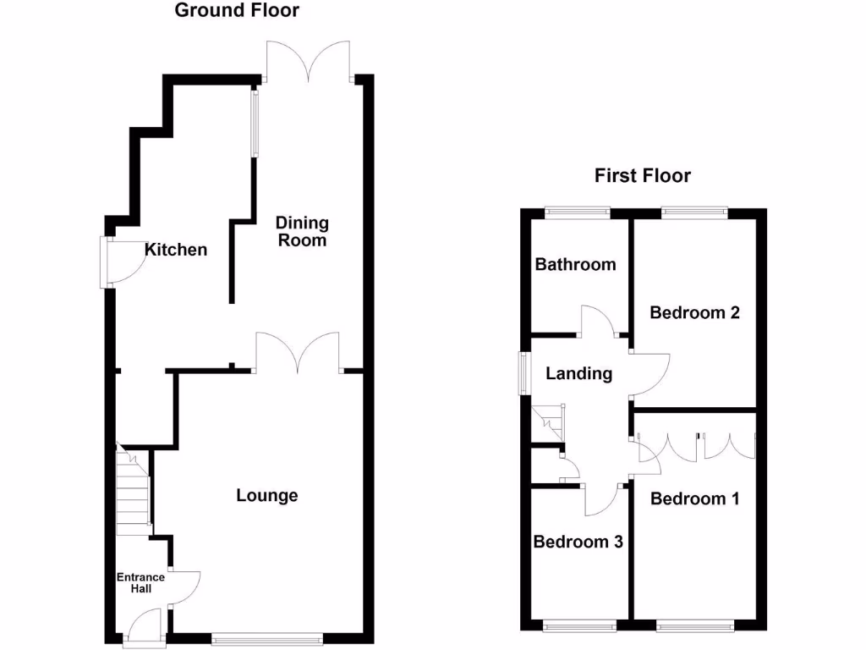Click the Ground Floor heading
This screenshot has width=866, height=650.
pyautogui.click(x=237, y=11)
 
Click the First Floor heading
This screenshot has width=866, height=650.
pyautogui.click(x=643, y=176)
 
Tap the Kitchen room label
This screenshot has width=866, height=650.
pyautogui.click(x=176, y=250)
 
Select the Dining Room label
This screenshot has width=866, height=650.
pyautogui.click(x=302, y=232)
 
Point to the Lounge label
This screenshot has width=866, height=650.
pyautogui.click(x=266, y=496)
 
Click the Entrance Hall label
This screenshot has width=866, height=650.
pyautogui.click(x=140, y=583)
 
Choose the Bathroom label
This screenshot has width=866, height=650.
pyautogui.click(x=576, y=265)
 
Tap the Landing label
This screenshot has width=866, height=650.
pyautogui.click(x=578, y=373)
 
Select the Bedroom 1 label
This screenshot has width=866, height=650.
pyautogui.click(x=694, y=499)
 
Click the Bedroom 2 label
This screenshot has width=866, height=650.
pyautogui.click(x=694, y=312)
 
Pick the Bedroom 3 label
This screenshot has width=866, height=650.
pyautogui.click(x=578, y=542)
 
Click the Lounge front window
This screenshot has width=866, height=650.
pyautogui.click(x=266, y=640)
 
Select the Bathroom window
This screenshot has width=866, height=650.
pyautogui.click(x=578, y=212)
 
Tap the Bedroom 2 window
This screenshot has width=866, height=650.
pyautogui.click(x=693, y=212)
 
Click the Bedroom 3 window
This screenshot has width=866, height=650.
pyautogui.click(x=579, y=627)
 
